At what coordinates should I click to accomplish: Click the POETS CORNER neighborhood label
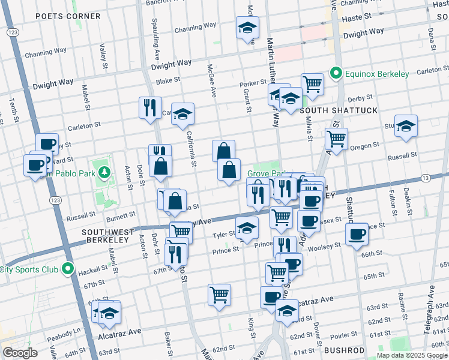[59, 16]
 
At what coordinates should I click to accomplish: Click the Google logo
[20, 352]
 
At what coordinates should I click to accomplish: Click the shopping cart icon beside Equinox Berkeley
[312, 83]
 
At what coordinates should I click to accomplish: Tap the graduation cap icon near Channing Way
[247, 27]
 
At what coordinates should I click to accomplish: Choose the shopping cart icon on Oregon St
[336, 139]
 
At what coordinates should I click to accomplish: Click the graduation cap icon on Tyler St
[247, 227]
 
